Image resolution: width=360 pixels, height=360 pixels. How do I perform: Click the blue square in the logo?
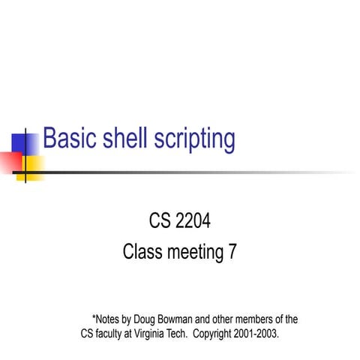(x=22, y=142)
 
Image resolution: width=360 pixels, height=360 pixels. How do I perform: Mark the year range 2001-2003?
(x=259, y=332)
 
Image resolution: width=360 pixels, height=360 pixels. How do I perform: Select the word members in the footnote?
(x=263, y=318)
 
